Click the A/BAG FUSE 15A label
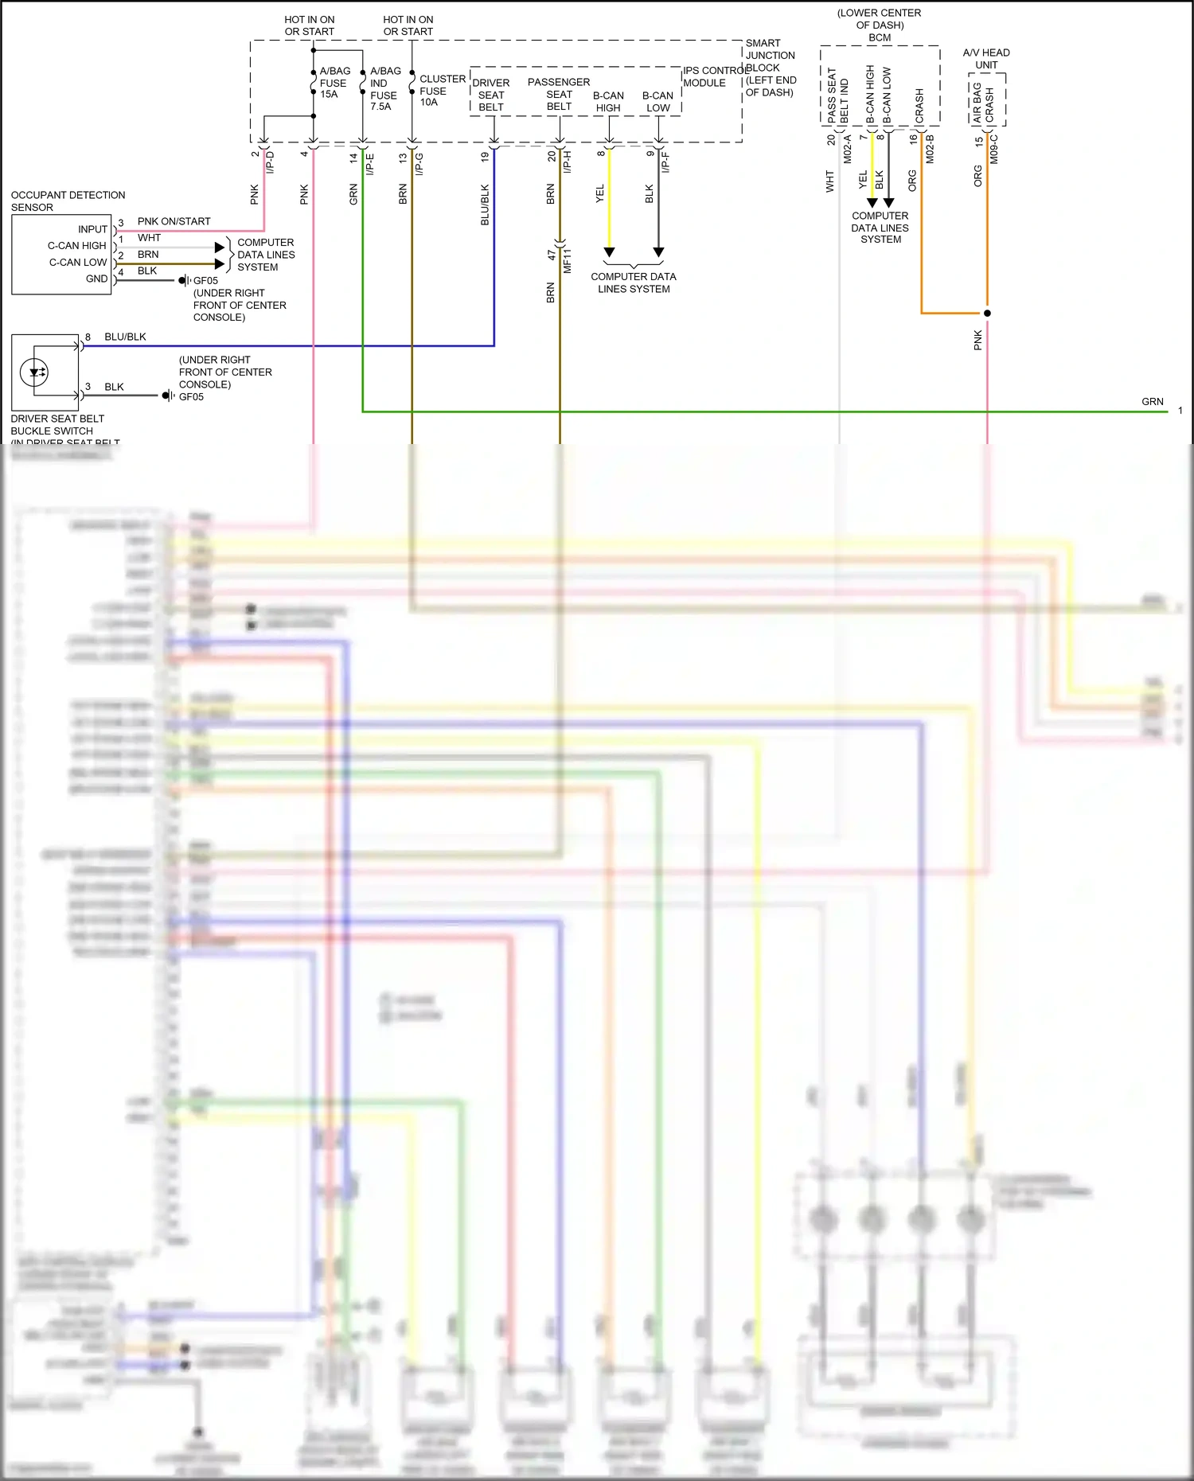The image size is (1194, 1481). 334,83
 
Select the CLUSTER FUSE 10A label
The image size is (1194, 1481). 442,90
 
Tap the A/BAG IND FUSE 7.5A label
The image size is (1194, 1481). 384,88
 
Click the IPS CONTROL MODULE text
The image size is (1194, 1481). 714,76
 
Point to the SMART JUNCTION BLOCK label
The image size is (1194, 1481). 770,68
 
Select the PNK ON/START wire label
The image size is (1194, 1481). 174,221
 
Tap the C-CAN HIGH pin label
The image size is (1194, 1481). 76,245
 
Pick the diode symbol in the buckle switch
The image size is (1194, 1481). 36,372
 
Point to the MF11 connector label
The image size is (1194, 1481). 568,261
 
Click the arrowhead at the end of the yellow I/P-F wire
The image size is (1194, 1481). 609,252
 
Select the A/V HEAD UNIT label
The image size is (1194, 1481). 986,59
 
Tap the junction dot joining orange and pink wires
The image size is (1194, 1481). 987,313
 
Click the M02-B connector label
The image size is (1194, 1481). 930,149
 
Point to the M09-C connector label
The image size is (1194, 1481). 994,149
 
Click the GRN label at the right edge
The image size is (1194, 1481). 1152,402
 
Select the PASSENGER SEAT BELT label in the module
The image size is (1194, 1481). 559,94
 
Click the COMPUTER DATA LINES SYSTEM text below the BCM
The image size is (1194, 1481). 880,228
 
